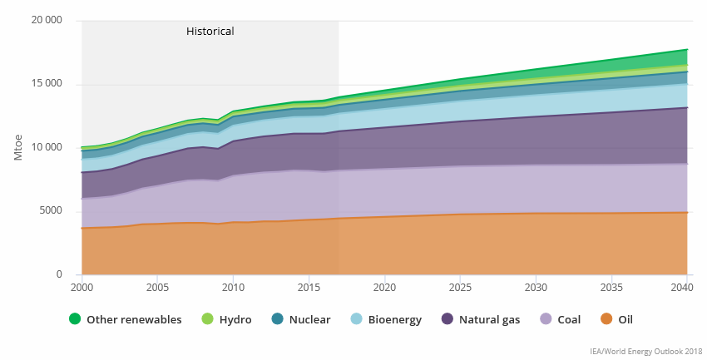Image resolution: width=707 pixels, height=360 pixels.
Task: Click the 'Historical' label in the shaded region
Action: [210, 32]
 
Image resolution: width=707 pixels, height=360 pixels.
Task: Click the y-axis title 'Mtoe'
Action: [18, 146]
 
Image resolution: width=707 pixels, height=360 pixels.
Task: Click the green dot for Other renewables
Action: [75, 319]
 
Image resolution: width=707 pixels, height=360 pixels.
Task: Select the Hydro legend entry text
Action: [235, 319]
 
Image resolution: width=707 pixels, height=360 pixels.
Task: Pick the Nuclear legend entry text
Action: [309, 319]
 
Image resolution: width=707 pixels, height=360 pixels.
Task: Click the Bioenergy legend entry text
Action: [393, 319]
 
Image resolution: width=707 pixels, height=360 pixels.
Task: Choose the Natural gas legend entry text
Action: [489, 319]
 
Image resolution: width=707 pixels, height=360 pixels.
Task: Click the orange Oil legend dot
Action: [606, 319]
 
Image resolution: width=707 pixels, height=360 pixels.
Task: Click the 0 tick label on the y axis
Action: [59, 274]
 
